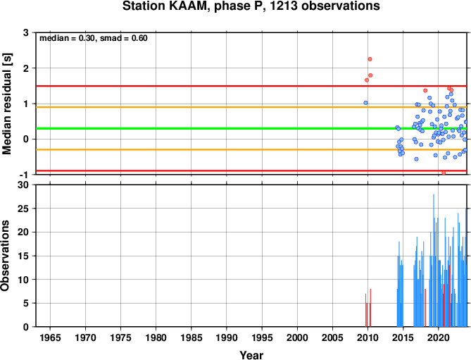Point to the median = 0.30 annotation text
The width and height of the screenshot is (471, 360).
(x=68, y=38)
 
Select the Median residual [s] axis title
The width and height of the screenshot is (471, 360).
(x=6, y=104)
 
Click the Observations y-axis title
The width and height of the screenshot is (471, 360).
(x=5, y=256)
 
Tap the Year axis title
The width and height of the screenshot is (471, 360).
(x=251, y=355)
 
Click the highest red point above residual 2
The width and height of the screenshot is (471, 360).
(x=370, y=59)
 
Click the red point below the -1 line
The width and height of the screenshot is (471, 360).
(x=444, y=173)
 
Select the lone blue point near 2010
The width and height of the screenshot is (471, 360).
(x=365, y=103)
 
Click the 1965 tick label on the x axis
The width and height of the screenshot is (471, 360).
(x=50, y=337)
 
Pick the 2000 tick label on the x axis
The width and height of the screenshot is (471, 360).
(x=297, y=337)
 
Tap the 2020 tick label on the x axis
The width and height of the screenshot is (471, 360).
(x=438, y=337)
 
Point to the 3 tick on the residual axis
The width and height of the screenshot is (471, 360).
(x=26, y=32)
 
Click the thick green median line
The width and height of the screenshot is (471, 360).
(x=251, y=129)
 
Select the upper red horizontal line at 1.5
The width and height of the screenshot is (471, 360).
(x=251, y=86)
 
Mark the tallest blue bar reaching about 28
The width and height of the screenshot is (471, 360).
(x=434, y=260)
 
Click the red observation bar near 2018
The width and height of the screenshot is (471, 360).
(x=425, y=308)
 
